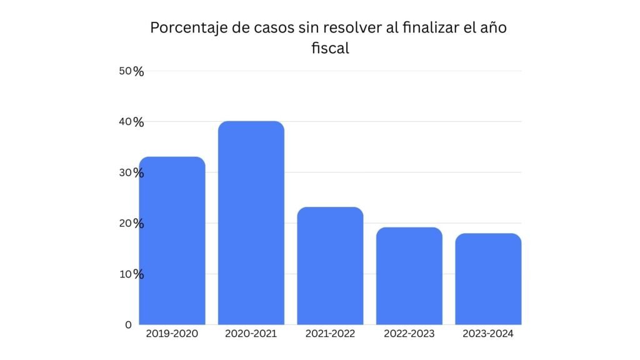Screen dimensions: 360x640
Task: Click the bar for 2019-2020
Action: pyautogui.click(x=172, y=241)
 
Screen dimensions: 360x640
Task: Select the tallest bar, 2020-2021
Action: pyautogui.click(x=251, y=222)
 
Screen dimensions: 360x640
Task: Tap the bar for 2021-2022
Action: pyautogui.click(x=330, y=266)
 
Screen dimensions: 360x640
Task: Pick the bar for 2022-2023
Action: pyautogui.click(x=409, y=276)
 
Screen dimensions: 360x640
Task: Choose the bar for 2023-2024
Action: pyautogui.click(x=488, y=279)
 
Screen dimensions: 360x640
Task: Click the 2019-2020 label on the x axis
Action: pyautogui.click(x=172, y=334)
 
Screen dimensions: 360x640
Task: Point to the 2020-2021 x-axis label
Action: pyautogui.click(x=251, y=334)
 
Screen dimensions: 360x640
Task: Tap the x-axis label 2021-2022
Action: pyautogui.click(x=330, y=334)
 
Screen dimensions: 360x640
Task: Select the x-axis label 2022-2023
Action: pyautogui.click(x=409, y=334)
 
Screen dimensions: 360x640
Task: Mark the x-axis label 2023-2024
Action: pyautogui.click(x=488, y=334)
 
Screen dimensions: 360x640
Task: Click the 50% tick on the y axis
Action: pyautogui.click(x=131, y=71)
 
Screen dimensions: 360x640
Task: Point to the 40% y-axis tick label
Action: pyautogui.click(x=131, y=122)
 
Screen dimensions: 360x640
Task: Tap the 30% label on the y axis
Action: pyautogui.click(x=131, y=172)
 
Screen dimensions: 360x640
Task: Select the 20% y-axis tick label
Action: pyautogui.click(x=131, y=223)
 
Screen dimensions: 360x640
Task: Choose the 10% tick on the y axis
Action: pyautogui.click(x=131, y=274)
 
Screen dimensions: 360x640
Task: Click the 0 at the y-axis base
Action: pyautogui.click(x=128, y=324)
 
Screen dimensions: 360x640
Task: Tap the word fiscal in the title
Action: pyautogui.click(x=330, y=48)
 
